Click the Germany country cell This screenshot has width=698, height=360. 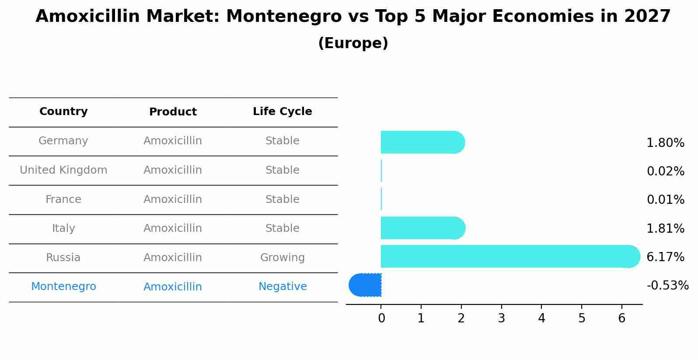pyautogui.click(x=63, y=141)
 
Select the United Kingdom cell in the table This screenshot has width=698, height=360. pyautogui.click(x=63, y=170)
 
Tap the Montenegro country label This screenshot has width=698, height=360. pyautogui.click(x=63, y=287)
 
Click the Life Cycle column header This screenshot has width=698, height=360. pyautogui.click(x=282, y=112)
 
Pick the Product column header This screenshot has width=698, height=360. pyautogui.click(x=173, y=112)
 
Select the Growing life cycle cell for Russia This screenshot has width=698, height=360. pyautogui.click(x=282, y=258)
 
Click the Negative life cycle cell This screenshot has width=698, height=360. pyautogui.click(x=282, y=287)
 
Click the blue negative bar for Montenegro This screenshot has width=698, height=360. pyautogui.click(x=365, y=285)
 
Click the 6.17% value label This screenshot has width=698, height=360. pyautogui.click(x=665, y=257)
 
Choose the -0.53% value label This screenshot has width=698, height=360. pyautogui.click(x=667, y=286)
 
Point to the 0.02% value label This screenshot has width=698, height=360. pyautogui.click(x=665, y=171)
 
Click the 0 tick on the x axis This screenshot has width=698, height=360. pyautogui.click(x=381, y=318)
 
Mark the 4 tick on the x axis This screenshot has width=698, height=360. pyautogui.click(x=541, y=318)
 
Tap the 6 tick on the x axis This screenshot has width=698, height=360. pyautogui.click(x=621, y=318)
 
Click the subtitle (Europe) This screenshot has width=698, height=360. pyautogui.click(x=353, y=43)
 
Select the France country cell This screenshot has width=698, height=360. pyautogui.click(x=63, y=199)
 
